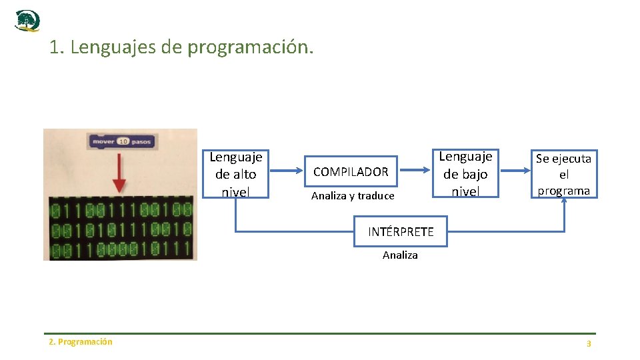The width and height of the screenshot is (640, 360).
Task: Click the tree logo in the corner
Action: click(27, 21)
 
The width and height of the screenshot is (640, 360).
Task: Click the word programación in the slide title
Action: click(249, 48)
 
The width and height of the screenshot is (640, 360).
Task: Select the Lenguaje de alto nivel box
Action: click(235, 174)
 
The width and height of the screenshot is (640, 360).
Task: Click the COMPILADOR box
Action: click(351, 171)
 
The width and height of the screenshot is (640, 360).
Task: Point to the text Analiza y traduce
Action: click(353, 196)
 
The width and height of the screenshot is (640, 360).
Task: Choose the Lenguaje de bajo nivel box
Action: click(465, 173)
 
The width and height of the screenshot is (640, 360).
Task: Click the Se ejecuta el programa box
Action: click(564, 174)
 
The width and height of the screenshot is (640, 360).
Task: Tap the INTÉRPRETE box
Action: click(401, 232)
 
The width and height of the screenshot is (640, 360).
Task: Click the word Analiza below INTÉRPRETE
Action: click(400, 255)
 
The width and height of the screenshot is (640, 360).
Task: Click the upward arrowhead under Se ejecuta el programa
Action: click(564, 203)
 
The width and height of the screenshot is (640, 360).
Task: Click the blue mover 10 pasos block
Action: click(122, 141)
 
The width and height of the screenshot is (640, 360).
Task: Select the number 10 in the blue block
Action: click(123, 141)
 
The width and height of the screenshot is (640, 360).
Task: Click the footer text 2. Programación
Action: click(81, 342)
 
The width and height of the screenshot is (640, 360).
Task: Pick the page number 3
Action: click(589, 343)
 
